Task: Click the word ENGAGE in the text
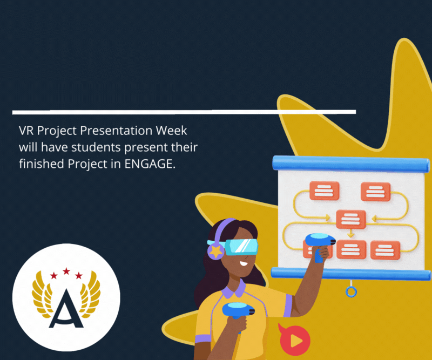tap(150, 164)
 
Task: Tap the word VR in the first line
tap(26, 131)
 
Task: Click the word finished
tap(42, 164)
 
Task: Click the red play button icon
tap(294, 340)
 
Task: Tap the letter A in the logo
tap(66, 309)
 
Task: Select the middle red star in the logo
tap(66, 271)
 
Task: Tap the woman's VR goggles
tap(241, 247)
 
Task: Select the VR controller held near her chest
tap(238, 311)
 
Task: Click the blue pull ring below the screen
tap(352, 291)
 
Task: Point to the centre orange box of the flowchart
tap(351, 219)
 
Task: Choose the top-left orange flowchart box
tap(324, 191)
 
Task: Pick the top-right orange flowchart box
tap(375, 192)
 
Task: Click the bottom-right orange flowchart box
tap(385, 250)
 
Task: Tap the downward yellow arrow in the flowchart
tap(350, 233)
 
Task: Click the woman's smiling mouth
tap(244, 263)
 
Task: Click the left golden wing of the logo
tap(42, 294)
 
